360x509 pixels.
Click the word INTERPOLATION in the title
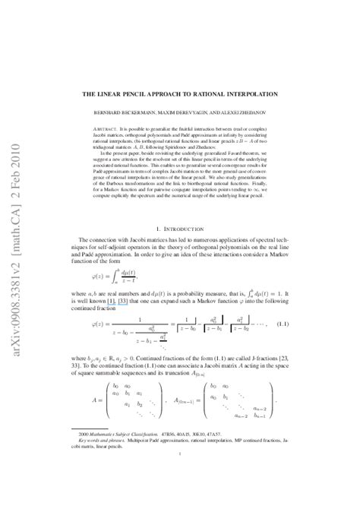(x=267, y=93)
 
